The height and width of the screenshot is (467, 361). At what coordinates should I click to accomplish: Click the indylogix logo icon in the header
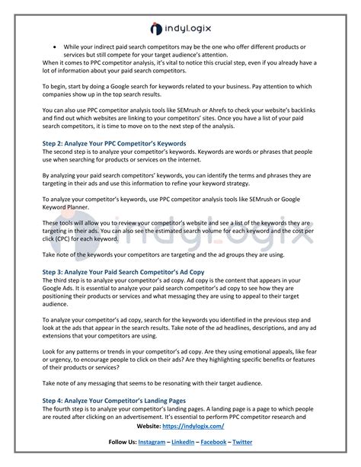click(x=156, y=28)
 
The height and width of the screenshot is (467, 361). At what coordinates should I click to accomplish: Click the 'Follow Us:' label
click(x=122, y=442)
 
